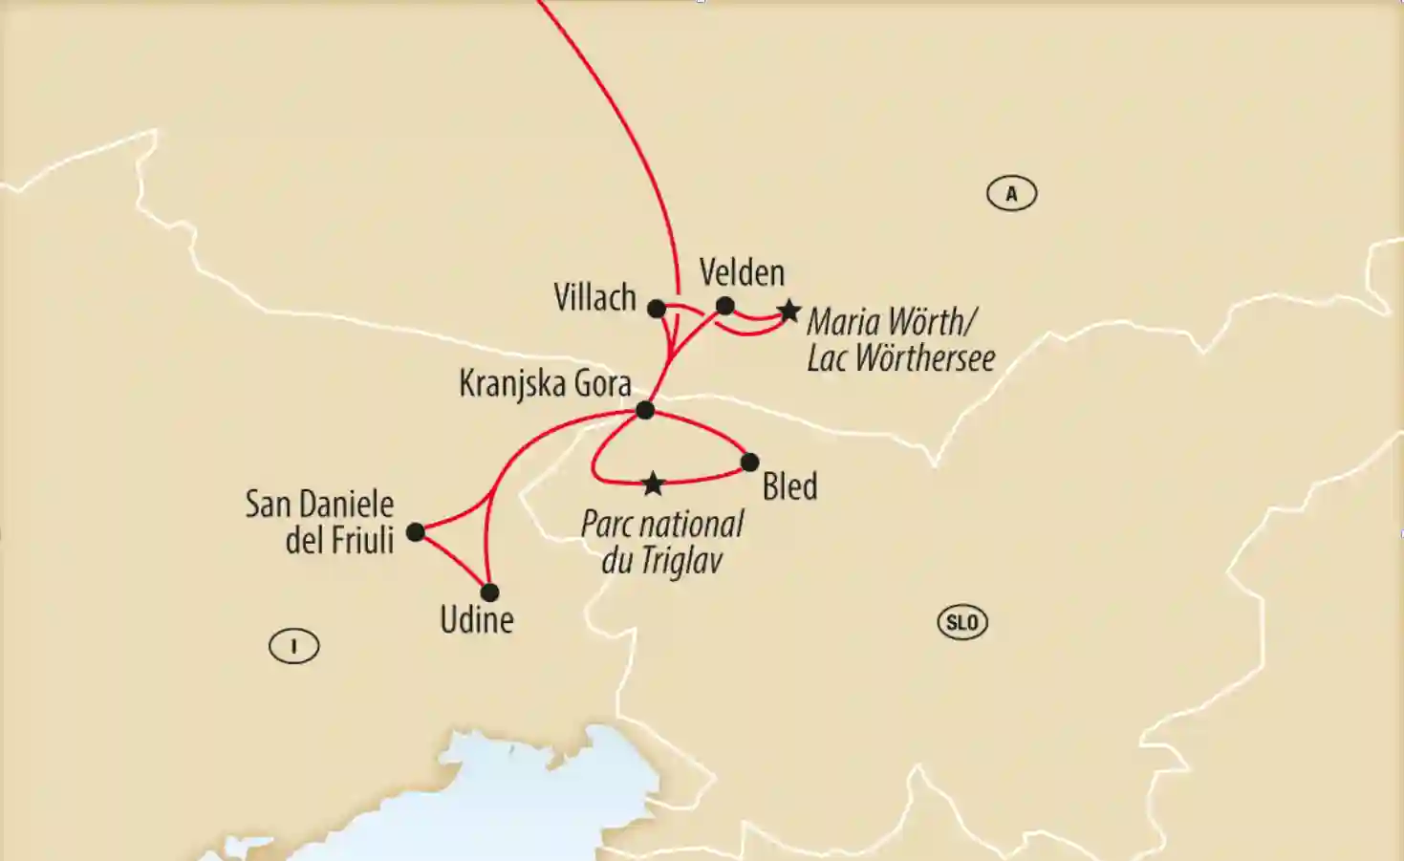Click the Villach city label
tap(594, 298)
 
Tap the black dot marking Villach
tap(657, 309)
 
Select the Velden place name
tap(742, 273)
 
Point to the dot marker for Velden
tap(725, 306)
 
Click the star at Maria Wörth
tap(788, 311)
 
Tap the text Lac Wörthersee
tap(900, 358)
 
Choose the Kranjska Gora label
tap(545, 384)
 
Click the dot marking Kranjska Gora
tap(645, 410)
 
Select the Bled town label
tap(789, 486)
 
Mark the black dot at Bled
tap(749, 463)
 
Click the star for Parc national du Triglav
tap(653, 484)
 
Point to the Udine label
tap(476, 620)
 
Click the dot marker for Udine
tap(490, 592)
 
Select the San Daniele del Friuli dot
tap(416, 532)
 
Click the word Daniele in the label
tap(345, 504)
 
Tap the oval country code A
tap(1011, 194)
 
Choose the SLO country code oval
tap(961, 623)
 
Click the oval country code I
tap(293, 647)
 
